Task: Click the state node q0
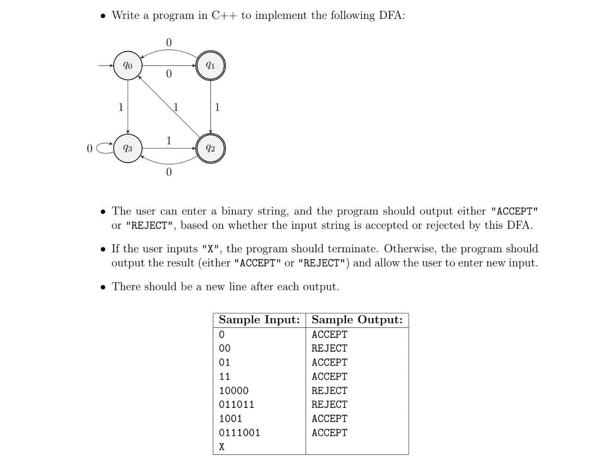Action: (127, 65)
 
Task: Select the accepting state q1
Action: (210, 65)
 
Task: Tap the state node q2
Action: (210, 148)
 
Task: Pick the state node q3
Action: (127, 148)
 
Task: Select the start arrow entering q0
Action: (106, 65)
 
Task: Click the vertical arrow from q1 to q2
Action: (210, 107)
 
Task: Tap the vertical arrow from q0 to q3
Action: (127, 107)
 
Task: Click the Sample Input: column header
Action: (259, 320)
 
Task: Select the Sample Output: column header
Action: (357, 320)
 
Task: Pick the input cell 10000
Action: (234, 391)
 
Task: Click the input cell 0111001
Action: (239, 433)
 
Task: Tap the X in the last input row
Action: (222, 447)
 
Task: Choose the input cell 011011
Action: (237, 405)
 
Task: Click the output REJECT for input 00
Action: (329, 348)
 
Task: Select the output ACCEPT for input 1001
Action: (329, 419)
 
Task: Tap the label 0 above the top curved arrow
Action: (169, 42)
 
